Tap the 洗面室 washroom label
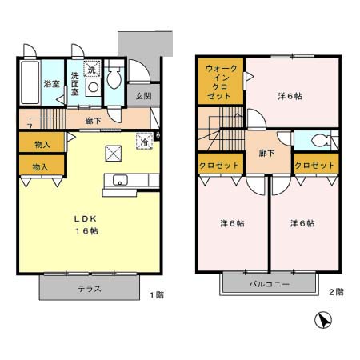coord(74,83)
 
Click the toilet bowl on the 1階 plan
coord(113,78)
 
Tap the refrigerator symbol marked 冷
coord(145,141)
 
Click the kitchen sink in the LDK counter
coord(119,179)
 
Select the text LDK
coord(86,218)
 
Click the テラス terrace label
coord(89,289)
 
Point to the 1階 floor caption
coord(156,294)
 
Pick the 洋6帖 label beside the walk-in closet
coord(290,96)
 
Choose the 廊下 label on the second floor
coord(266,152)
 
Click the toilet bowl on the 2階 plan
coord(322,142)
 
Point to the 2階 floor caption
coord(336,292)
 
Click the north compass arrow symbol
coord(322,322)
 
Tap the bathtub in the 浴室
coord(30,83)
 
